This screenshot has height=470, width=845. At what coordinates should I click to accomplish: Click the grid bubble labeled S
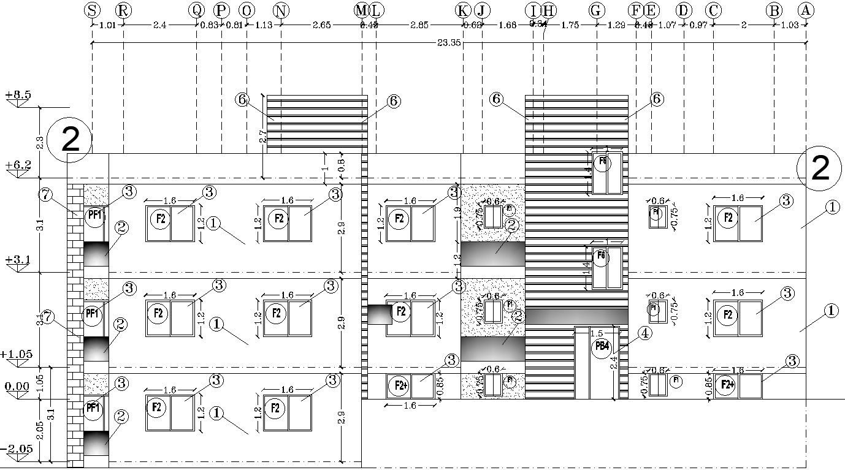pyautogui.click(x=92, y=10)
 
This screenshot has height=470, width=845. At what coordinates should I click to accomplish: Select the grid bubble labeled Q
pyautogui.click(x=196, y=10)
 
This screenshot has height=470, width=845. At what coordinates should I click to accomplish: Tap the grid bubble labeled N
pyautogui.click(x=280, y=10)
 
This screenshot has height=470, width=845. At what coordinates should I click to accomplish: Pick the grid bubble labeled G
pyautogui.click(x=596, y=10)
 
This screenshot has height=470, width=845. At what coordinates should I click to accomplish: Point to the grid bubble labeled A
pyautogui.click(x=805, y=10)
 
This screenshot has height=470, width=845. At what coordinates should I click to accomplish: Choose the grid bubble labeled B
pyautogui.click(x=774, y=10)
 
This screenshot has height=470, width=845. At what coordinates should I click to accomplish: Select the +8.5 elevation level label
pyautogui.click(x=18, y=96)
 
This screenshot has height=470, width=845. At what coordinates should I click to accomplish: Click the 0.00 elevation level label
pyautogui.click(x=17, y=386)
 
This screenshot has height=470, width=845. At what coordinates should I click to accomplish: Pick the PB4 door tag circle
pyautogui.click(x=602, y=347)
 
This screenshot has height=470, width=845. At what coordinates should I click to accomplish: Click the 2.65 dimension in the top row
pyautogui.click(x=321, y=25)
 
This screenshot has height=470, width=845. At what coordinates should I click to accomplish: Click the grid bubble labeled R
pyautogui.click(x=123, y=10)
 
